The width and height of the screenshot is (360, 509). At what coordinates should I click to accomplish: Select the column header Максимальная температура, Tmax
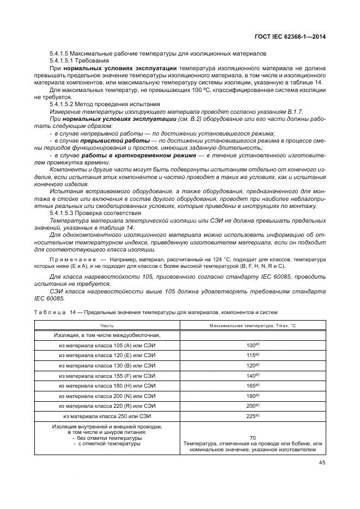[249, 326]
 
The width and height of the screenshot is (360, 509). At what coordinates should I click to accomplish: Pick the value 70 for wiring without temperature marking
[253, 438]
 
